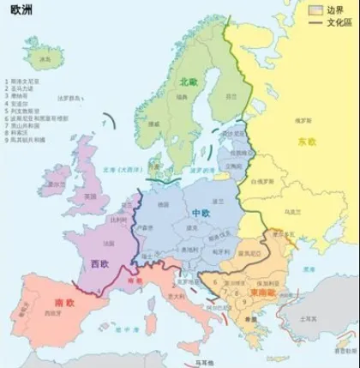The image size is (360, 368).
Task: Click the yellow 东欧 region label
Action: (x=306, y=142)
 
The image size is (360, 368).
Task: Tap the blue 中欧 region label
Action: (x=201, y=211)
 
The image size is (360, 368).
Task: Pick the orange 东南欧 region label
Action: (x=261, y=293)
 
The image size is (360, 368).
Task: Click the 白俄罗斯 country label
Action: (x=261, y=182)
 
